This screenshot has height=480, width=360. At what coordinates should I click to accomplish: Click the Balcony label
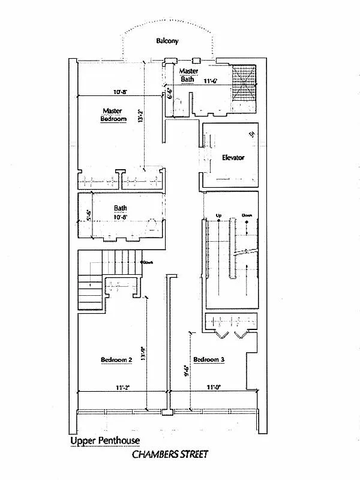click(x=167, y=41)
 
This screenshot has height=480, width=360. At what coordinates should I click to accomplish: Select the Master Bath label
click(x=187, y=75)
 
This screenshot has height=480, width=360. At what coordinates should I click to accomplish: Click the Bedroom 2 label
click(x=116, y=359)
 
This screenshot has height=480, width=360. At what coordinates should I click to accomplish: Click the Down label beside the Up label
click(x=246, y=215)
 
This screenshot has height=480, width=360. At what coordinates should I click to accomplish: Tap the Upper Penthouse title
click(x=105, y=441)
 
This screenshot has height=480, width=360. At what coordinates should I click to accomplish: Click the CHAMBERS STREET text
click(x=170, y=454)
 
